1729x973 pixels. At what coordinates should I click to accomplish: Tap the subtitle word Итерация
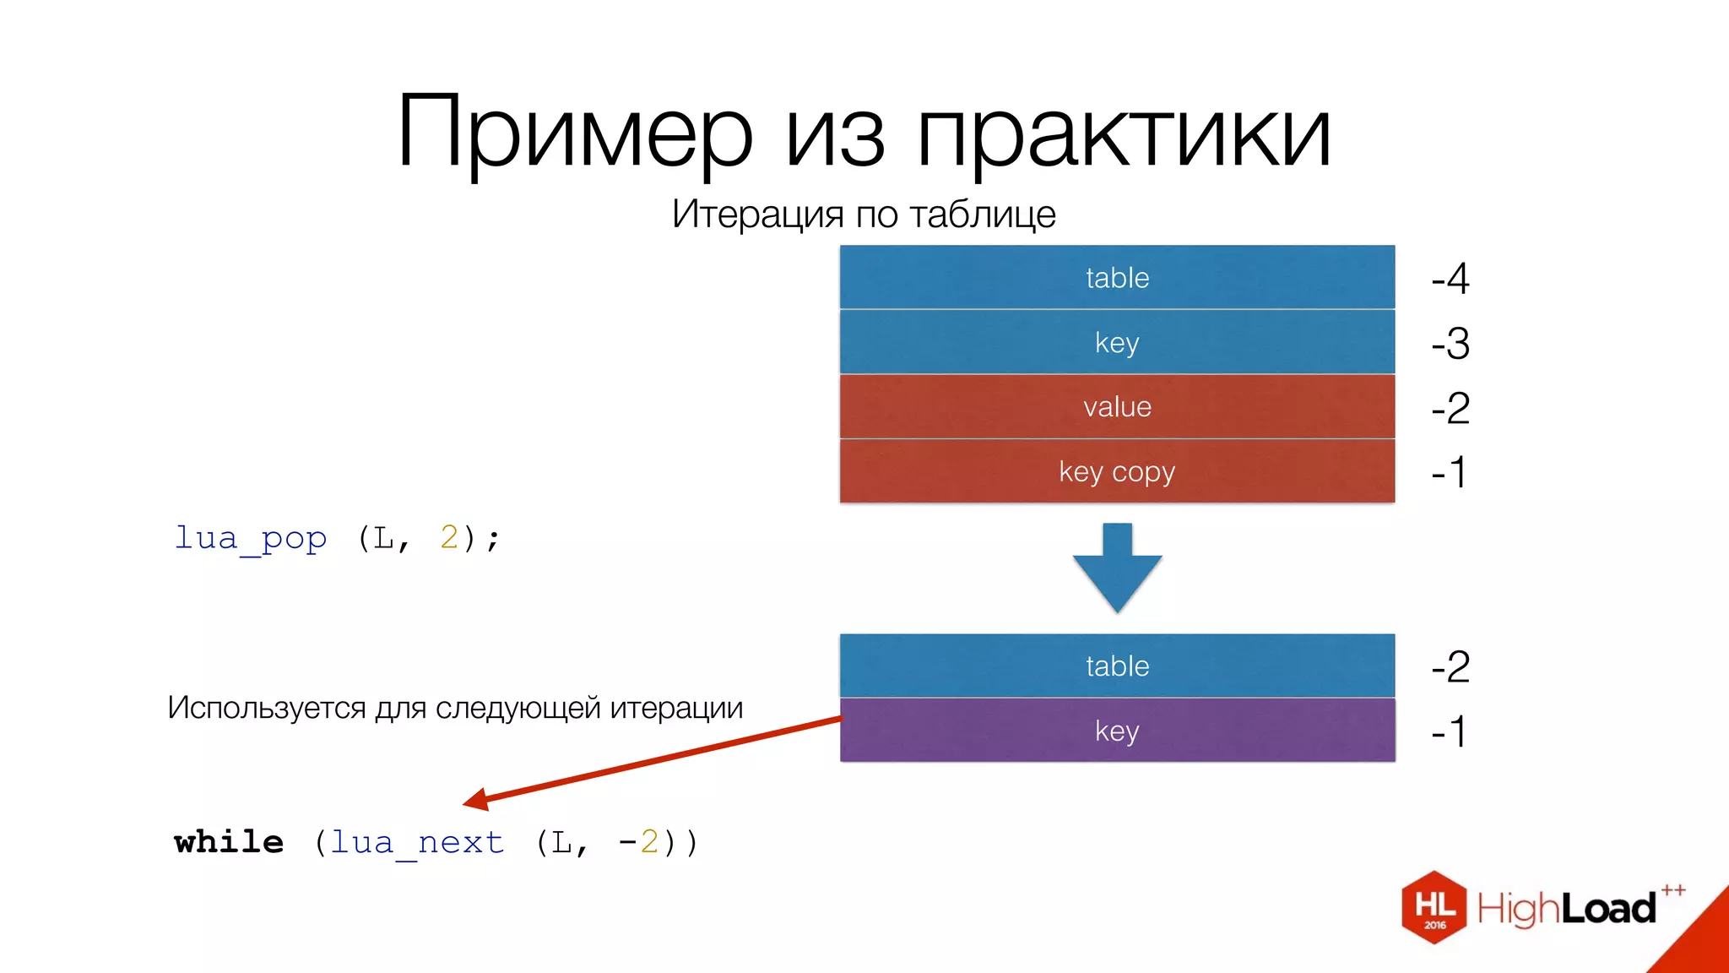point(757,215)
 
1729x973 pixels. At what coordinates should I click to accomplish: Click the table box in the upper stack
point(1117,278)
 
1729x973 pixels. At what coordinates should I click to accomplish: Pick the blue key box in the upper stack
point(1117,342)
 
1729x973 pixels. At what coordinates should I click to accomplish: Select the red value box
point(1117,407)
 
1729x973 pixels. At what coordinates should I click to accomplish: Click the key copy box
point(1117,471)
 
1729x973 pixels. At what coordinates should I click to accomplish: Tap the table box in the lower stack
point(1117,666)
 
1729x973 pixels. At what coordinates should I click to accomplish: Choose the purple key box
point(1117,731)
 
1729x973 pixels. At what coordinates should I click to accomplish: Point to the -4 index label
point(1450,279)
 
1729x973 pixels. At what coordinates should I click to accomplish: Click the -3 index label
point(1450,344)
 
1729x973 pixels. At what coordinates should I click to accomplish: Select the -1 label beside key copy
point(1449,472)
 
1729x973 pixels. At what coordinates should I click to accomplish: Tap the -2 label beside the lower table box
point(1450,667)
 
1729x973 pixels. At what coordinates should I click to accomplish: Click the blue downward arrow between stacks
point(1117,570)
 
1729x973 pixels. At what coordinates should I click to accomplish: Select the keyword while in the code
point(229,842)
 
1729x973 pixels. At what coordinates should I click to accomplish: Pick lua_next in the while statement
point(417,842)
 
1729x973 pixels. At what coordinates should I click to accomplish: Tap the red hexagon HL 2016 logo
point(1434,907)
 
